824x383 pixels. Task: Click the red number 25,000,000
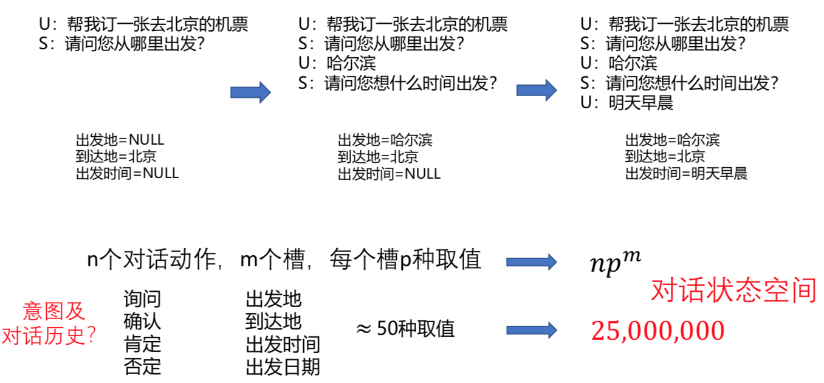pyautogui.click(x=657, y=331)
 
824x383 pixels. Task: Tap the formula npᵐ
pyautogui.click(x=615, y=263)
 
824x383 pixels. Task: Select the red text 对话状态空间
pyautogui.click(x=733, y=291)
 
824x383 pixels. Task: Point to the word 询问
pyautogui.click(x=142, y=299)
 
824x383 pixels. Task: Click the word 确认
pyautogui.click(x=142, y=322)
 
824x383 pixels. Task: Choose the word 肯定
pyautogui.click(x=142, y=344)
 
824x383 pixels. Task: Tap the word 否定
pyautogui.click(x=142, y=367)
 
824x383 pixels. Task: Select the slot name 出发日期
pyautogui.click(x=283, y=367)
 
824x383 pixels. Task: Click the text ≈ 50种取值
pyautogui.click(x=405, y=329)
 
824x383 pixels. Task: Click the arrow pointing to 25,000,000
pyautogui.click(x=532, y=330)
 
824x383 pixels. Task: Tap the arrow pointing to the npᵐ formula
pyautogui.click(x=532, y=262)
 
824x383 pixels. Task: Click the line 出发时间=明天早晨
pyautogui.click(x=686, y=174)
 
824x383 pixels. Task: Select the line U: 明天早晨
pyautogui.click(x=627, y=103)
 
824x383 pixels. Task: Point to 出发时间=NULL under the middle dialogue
pyautogui.click(x=389, y=174)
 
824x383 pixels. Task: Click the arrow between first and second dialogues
pyautogui.click(x=250, y=92)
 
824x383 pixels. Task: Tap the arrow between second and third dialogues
pyautogui.click(x=537, y=90)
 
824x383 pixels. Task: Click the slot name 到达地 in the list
pyautogui.click(x=273, y=322)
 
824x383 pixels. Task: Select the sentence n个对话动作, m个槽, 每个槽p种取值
pyautogui.click(x=284, y=260)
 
